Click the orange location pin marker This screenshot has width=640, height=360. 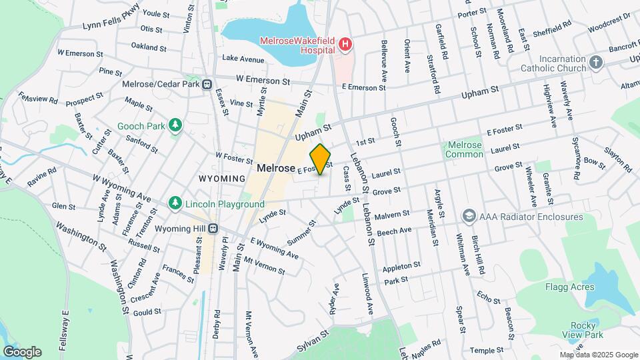click(x=321, y=159)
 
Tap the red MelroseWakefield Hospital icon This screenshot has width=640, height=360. click(x=345, y=45)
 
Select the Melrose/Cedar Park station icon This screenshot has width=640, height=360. click(x=208, y=85)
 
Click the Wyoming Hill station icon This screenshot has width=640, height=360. click(x=213, y=228)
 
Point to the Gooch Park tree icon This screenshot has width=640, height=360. click(x=175, y=125)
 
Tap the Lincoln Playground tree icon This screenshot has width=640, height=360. click(x=175, y=202)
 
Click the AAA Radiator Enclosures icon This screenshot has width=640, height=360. click(x=469, y=217)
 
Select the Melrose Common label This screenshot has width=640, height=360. click(x=465, y=149)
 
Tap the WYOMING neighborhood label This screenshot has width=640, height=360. click(x=221, y=179)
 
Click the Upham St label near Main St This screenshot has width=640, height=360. click(x=313, y=132)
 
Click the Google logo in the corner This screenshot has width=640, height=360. click(x=22, y=351)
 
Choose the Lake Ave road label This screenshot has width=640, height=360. click(x=239, y=59)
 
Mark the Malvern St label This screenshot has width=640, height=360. click(x=393, y=215)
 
